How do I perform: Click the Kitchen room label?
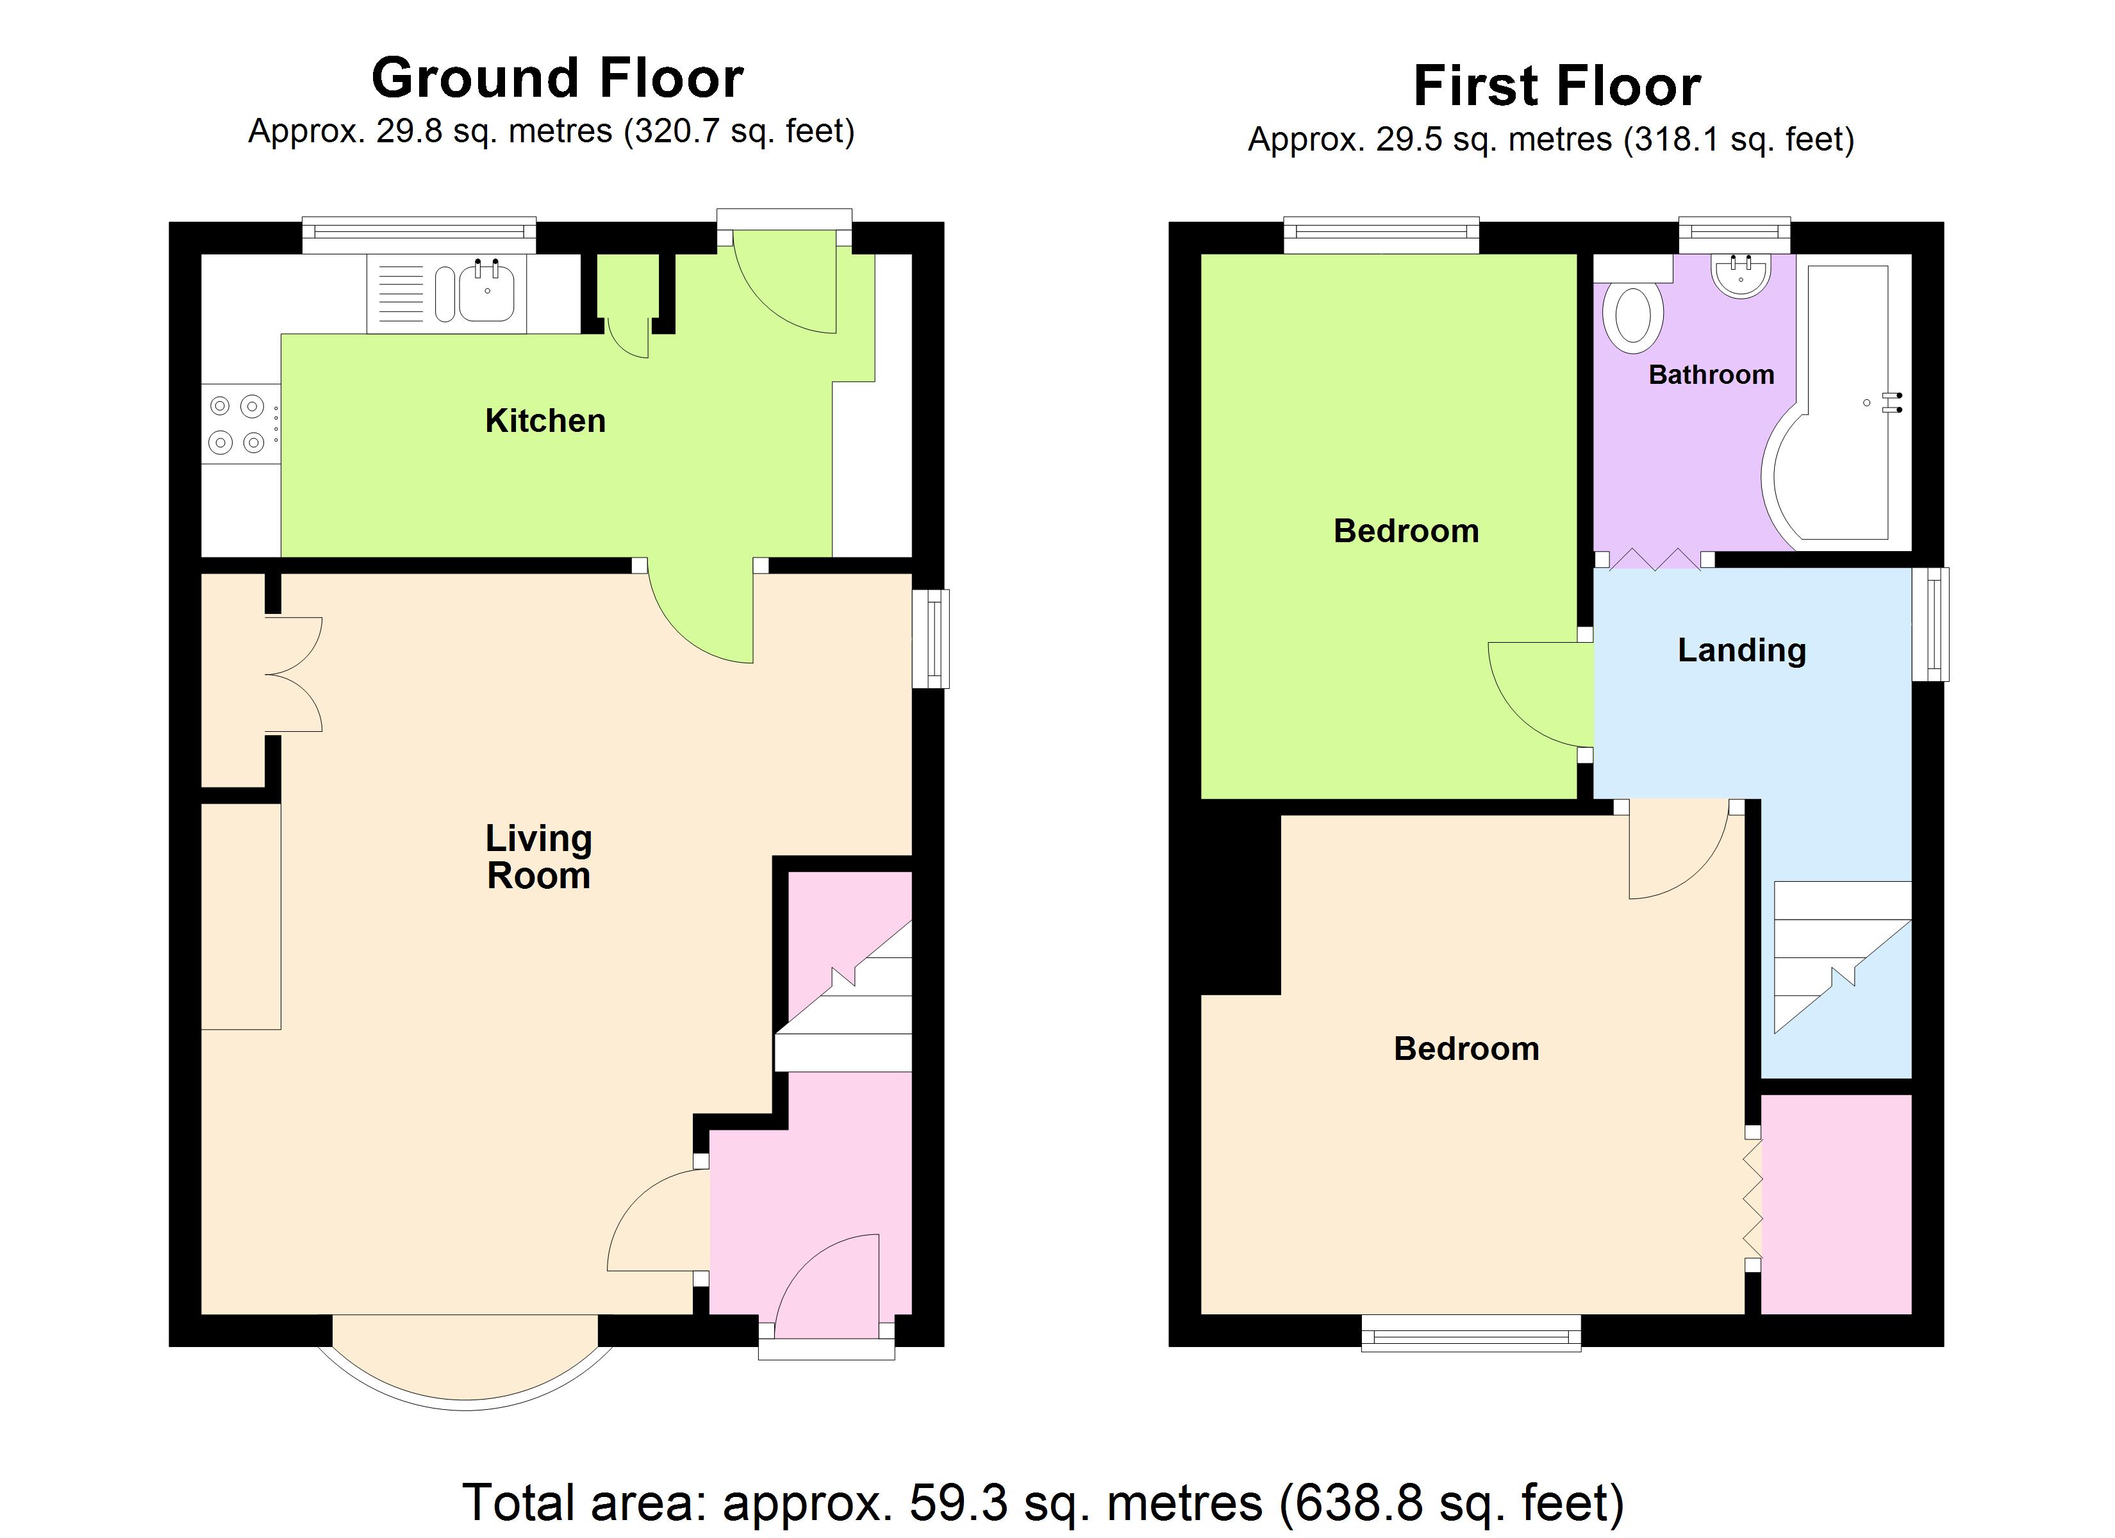tap(545, 420)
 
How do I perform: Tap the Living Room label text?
tap(539, 857)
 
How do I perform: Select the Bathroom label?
tap(1711, 375)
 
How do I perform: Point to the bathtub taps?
tap(1892, 403)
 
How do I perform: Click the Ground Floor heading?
tap(558, 78)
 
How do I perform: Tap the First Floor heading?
tap(1557, 86)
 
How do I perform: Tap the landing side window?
tap(1930, 624)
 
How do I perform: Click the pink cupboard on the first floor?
tap(1836, 1204)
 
